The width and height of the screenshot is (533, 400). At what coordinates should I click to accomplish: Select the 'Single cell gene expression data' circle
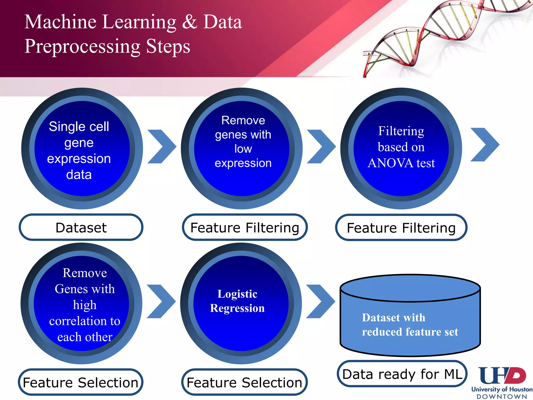[82, 148]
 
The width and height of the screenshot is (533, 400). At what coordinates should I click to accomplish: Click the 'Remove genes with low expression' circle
[242, 148]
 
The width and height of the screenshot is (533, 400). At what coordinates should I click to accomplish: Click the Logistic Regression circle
[241, 303]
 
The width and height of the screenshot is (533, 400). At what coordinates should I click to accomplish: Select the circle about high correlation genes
[81, 303]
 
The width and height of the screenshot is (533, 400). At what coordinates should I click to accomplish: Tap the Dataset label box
[81, 227]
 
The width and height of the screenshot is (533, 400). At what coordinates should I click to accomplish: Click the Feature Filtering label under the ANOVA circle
[401, 228]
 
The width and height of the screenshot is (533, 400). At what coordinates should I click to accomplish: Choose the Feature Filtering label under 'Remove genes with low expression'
[245, 227]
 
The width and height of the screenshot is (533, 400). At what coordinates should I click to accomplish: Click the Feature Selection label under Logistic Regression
[244, 382]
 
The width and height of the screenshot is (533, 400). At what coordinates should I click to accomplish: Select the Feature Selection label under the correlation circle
[80, 382]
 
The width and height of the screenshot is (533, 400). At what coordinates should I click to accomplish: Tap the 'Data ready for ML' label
[402, 374]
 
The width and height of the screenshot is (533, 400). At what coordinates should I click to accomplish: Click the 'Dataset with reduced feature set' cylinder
[410, 320]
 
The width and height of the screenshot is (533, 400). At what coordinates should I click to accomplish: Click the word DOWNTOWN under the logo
[502, 397]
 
